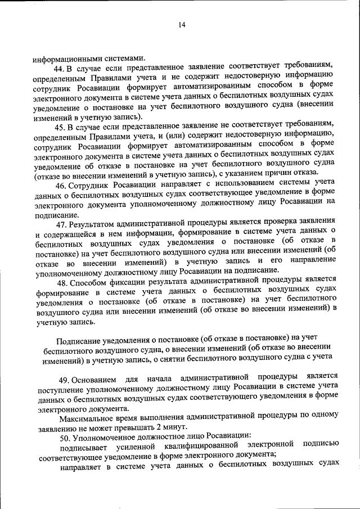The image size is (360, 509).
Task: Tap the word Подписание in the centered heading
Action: click(79, 337)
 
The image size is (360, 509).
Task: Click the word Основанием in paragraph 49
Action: click(98, 377)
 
